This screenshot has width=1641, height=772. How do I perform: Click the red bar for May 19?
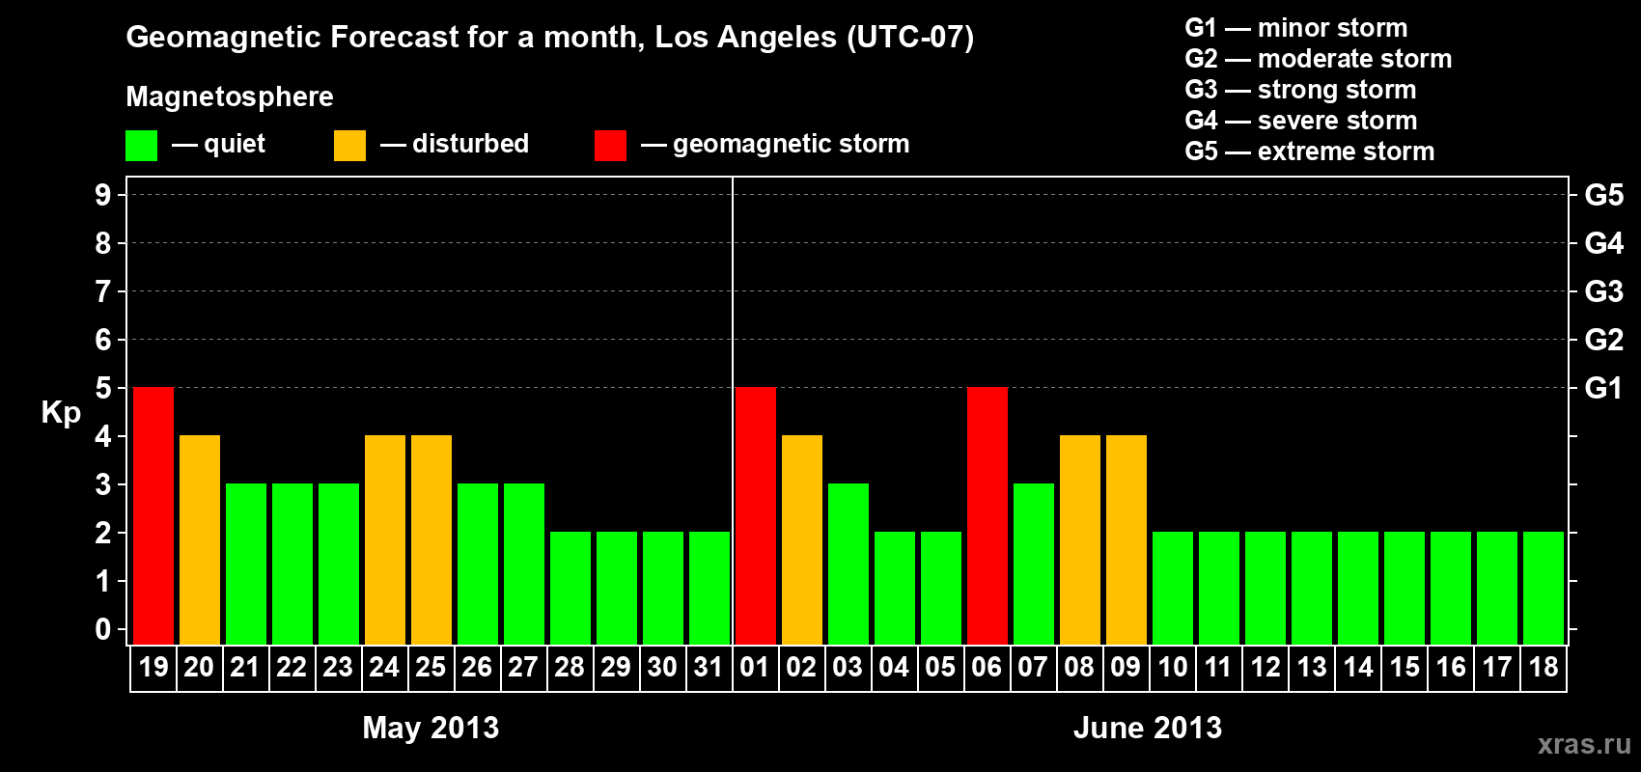pyautogui.click(x=153, y=515)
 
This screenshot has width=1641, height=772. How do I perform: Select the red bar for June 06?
pyautogui.click(x=987, y=515)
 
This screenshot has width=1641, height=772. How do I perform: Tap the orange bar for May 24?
pyautogui.click(x=385, y=539)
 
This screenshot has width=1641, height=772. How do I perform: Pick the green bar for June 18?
pyautogui.click(x=1544, y=588)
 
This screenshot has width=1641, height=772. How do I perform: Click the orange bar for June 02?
pyautogui.click(x=802, y=539)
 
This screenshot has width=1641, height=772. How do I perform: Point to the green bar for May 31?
pyautogui.click(x=709, y=588)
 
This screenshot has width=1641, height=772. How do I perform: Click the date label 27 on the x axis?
pyautogui.click(x=523, y=667)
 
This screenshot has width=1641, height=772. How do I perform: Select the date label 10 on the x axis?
pyautogui.click(x=1172, y=667)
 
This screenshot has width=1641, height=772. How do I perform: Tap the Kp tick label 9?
pyautogui.click(x=102, y=195)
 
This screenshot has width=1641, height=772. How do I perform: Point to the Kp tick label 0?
pyautogui.click(x=102, y=630)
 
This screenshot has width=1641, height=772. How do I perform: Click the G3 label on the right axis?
pyautogui.click(x=1603, y=291)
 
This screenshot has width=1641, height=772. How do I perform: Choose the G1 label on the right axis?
pyautogui.click(x=1603, y=388)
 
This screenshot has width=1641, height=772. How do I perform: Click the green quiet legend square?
pyautogui.click(x=141, y=146)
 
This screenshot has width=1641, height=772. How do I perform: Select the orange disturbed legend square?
pyautogui.click(x=349, y=146)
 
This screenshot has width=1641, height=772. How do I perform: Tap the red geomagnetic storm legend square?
pyautogui.click(x=610, y=146)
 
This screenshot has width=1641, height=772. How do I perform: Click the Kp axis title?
pyautogui.click(x=61, y=413)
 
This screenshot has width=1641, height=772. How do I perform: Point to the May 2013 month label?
pyautogui.click(x=431, y=728)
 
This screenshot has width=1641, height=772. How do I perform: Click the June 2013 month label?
pyautogui.click(x=1148, y=728)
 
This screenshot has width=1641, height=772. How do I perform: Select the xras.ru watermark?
pyautogui.click(x=1584, y=744)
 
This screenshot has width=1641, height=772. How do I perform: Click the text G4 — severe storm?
pyautogui.click(x=1301, y=121)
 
